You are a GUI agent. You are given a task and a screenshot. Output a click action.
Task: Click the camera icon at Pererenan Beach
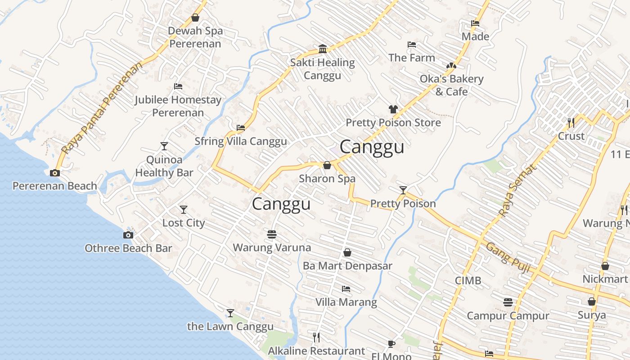tap(55, 173)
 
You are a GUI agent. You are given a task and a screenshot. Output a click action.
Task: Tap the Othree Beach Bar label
tap(128, 248)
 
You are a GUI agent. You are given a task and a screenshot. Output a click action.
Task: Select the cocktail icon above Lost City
tap(184, 210)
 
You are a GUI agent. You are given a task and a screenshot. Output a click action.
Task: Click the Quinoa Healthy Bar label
tap(164, 166)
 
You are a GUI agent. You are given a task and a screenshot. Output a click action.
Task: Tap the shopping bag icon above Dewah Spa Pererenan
tap(195, 18)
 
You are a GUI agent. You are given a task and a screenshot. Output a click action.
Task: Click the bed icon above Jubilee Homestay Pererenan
tap(178, 86)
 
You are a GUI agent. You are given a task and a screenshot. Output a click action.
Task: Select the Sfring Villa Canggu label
tap(240, 141)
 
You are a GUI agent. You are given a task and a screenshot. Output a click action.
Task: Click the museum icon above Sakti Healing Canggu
tap(323, 49)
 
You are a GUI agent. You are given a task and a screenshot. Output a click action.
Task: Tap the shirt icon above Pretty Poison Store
tap(393, 109)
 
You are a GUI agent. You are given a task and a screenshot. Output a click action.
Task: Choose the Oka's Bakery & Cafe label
tap(451, 85)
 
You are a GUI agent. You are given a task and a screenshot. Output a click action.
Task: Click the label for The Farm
tap(412, 58)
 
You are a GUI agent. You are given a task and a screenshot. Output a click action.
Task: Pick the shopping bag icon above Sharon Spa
tap(327, 165)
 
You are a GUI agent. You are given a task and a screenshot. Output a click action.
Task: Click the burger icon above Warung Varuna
tap(272, 234)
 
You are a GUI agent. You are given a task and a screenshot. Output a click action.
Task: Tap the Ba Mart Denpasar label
tap(347, 265)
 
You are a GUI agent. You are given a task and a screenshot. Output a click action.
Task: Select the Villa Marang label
tap(346, 301)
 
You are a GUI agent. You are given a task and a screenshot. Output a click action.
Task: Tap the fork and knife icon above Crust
tap(571, 122)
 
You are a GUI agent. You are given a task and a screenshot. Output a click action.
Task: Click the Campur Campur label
tap(508, 315)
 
